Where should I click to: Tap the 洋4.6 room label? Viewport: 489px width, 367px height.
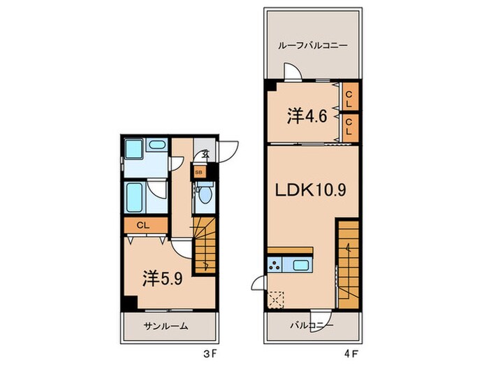tap(307, 115)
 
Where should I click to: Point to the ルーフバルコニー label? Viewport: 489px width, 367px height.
tap(312, 45)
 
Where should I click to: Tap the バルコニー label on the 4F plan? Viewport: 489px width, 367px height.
tap(312, 326)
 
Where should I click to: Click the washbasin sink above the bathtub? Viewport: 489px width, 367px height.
tap(156, 145)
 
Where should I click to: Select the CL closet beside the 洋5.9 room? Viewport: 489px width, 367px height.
tap(145, 225)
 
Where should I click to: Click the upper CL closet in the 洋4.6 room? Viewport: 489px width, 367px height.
tap(350, 96)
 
